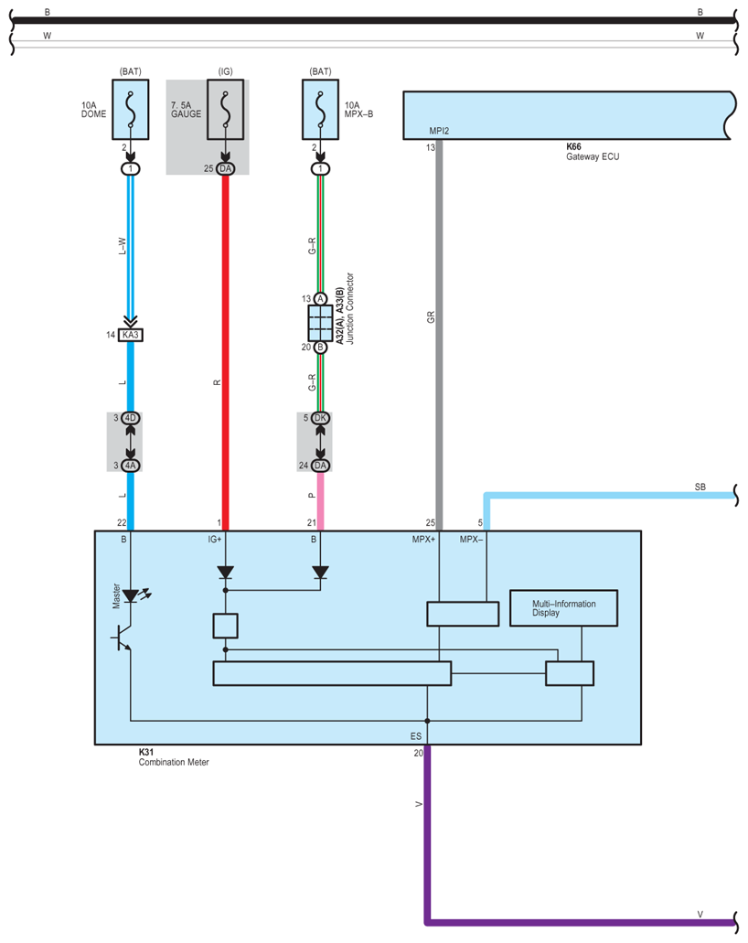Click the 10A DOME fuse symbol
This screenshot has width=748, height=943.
tap(131, 110)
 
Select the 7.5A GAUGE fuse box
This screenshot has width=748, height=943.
tap(226, 110)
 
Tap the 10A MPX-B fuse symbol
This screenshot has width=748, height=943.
tap(320, 110)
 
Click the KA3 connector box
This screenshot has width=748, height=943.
tap(131, 335)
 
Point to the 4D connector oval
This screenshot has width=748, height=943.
tap(131, 418)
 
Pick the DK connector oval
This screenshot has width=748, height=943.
tap(320, 418)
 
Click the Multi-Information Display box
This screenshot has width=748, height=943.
tap(563, 608)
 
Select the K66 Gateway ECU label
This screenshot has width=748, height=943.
tap(593, 152)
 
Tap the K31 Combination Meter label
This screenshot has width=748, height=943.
tap(174, 757)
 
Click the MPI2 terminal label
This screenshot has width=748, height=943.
tap(439, 131)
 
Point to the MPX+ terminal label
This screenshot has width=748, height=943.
tap(423, 540)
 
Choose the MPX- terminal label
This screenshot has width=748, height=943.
tap(472, 540)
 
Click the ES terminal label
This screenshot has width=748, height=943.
tap(416, 736)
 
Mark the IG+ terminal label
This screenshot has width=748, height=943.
tap(215, 540)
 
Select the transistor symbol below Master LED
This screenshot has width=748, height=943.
tap(123, 638)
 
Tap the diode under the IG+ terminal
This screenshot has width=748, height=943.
tap(226, 573)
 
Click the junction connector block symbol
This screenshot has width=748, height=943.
tap(320, 323)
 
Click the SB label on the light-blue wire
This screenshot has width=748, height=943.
tap(700, 488)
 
